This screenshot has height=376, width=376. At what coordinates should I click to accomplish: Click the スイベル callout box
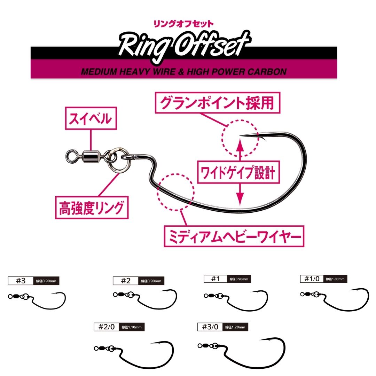point(91,119)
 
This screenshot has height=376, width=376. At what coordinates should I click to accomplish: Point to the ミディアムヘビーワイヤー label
point(234,237)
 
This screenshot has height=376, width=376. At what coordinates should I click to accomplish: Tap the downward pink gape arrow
point(239,195)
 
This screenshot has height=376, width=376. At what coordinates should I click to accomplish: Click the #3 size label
point(21,281)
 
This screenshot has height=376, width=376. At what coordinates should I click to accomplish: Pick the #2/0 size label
point(106,327)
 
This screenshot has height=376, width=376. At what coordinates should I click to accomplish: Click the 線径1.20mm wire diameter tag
point(235,327)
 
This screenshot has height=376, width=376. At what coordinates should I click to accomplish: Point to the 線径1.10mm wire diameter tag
point(131,327)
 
